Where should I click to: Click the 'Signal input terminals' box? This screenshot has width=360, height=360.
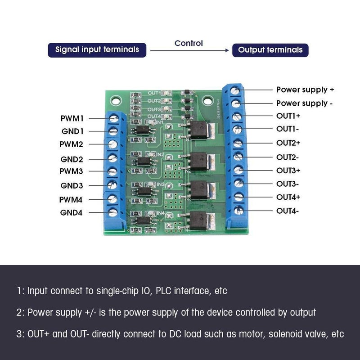pyautogui.click(x=97, y=49)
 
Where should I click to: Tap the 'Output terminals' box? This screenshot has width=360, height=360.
pyautogui.click(x=270, y=49)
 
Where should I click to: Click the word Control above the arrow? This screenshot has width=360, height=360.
pyautogui.click(x=189, y=43)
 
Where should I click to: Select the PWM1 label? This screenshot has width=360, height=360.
pyautogui.click(x=72, y=118)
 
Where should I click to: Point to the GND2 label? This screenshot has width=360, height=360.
pyautogui.click(x=72, y=159)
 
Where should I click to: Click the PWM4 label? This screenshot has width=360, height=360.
pyautogui.click(x=72, y=199)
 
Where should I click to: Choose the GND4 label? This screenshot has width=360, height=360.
pyautogui.click(x=72, y=212)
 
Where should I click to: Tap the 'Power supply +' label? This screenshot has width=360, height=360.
pyautogui.click(x=305, y=90)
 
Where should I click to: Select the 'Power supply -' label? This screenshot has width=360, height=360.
pyautogui.click(x=305, y=103)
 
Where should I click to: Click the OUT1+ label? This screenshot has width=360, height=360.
pyautogui.click(x=288, y=116)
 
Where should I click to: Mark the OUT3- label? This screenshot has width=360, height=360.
pyautogui.click(x=288, y=184)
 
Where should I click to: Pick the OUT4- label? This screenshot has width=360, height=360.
pyautogui.click(x=288, y=211)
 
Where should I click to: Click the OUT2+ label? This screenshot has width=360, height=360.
pyautogui.click(x=288, y=143)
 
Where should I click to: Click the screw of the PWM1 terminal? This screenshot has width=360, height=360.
pyautogui.click(x=113, y=118)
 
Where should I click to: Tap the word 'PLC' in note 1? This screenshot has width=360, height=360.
pyautogui.click(x=164, y=291)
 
